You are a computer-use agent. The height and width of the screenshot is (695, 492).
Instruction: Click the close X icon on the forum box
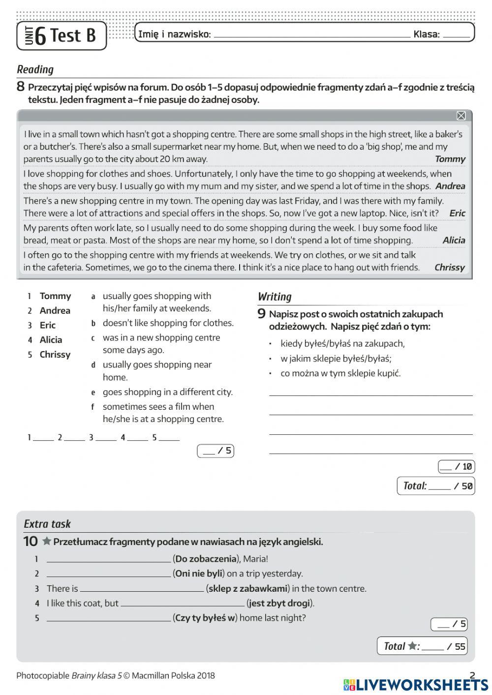[x=461, y=116]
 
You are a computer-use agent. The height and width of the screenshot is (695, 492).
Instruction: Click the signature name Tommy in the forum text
[x=450, y=159]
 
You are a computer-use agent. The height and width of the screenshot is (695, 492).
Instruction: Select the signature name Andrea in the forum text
[x=450, y=186]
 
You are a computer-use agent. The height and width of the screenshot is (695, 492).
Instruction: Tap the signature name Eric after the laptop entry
[x=457, y=213]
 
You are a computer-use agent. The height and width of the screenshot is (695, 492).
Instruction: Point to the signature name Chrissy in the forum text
[x=449, y=268]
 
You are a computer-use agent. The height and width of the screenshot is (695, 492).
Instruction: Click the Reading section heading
[x=35, y=69]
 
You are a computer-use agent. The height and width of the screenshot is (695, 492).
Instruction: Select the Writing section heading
[x=275, y=297]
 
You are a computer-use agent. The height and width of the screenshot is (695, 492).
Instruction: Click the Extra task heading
[x=47, y=524]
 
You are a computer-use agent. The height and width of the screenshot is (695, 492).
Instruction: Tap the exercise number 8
[x=21, y=87]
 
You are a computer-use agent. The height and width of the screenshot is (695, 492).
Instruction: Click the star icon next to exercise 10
[x=47, y=541]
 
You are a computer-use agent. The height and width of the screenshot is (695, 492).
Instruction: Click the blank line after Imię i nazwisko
[x=312, y=35]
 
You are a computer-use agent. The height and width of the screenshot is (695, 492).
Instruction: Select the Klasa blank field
[x=456, y=35]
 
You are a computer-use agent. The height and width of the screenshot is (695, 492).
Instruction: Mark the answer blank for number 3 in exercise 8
[x=106, y=438]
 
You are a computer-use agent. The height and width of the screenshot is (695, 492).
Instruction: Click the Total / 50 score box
[x=435, y=486]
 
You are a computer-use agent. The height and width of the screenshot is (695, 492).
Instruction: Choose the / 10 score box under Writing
[x=456, y=466]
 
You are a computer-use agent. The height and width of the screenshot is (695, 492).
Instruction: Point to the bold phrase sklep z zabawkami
[x=247, y=588]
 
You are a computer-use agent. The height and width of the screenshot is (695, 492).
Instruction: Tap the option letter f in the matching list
[x=92, y=407]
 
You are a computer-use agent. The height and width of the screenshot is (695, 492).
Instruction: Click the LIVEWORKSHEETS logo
[x=416, y=685]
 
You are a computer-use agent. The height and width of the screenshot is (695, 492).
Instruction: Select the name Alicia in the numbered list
[x=51, y=340]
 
